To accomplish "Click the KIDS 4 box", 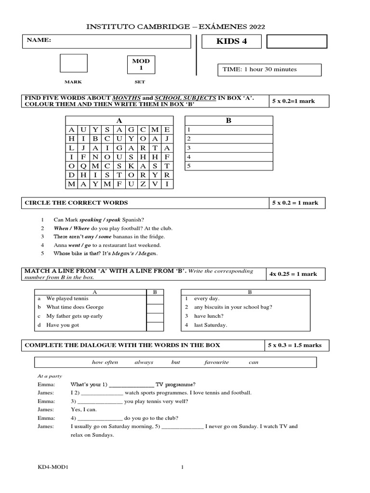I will pyautogui.click(x=232, y=41).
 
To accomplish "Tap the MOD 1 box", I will pyautogui.click(x=138, y=65).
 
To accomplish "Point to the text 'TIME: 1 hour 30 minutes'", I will pyautogui.click(x=260, y=69).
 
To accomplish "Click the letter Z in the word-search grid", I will pyautogui.click(x=143, y=184).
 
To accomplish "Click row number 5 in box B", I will pyautogui.click(x=189, y=166).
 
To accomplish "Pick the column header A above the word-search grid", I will pyautogui.click(x=119, y=121).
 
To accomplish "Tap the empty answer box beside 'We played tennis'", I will pyautogui.click(x=155, y=299).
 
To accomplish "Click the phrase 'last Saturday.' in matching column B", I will pyautogui.click(x=211, y=325).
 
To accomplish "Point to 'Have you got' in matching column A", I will pyautogui.click(x=62, y=325).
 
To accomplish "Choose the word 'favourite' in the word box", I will pyautogui.click(x=216, y=362).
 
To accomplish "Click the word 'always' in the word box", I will pyautogui.click(x=144, y=362).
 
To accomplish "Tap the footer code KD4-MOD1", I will pyautogui.click(x=53, y=467).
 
